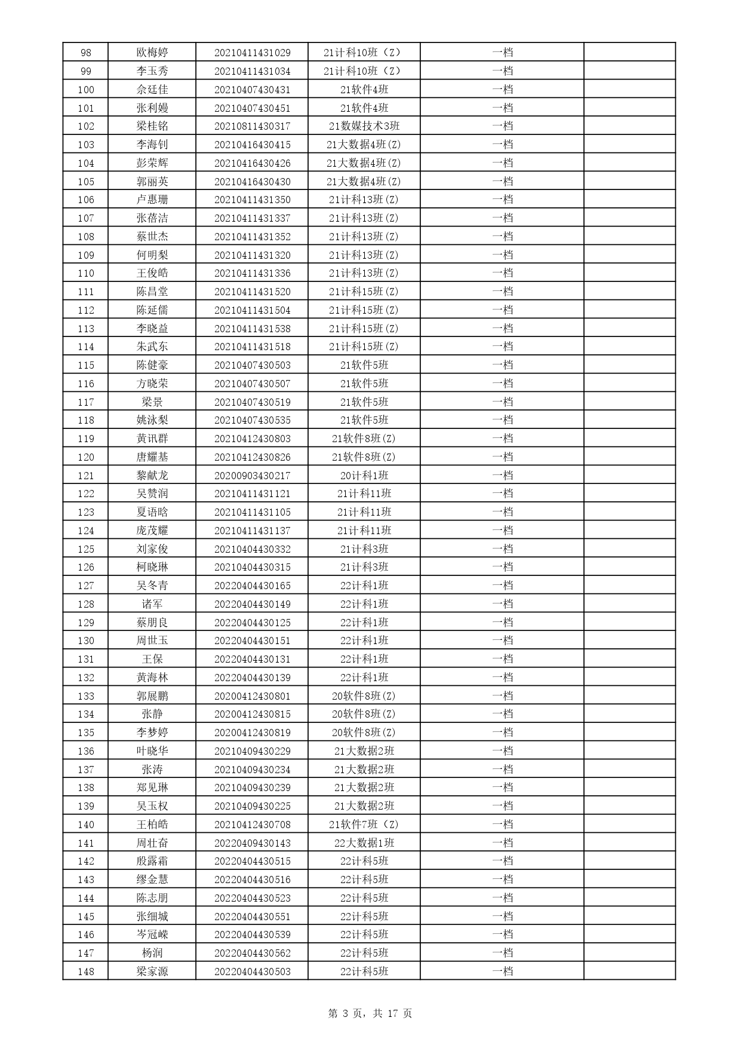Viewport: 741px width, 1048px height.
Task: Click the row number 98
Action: point(85,53)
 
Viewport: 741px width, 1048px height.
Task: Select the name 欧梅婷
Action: point(152,53)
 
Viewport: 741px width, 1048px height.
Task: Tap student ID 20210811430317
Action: point(252,126)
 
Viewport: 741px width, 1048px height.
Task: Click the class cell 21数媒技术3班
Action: point(364,126)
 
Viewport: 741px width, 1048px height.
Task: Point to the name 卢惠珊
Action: point(152,200)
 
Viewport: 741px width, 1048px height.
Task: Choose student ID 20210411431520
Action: point(252,292)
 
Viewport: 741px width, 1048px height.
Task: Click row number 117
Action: point(85,402)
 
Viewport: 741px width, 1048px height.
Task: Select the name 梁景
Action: point(152,402)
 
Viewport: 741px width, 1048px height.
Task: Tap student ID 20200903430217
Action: point(252,476)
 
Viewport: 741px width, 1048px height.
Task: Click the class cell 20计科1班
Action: point(364,476)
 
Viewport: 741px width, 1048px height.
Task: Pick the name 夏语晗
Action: point(152,512)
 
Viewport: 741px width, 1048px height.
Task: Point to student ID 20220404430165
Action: point(252,586)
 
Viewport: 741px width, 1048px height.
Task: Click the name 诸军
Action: point(152,604)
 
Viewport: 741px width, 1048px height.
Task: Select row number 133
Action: point(85,696)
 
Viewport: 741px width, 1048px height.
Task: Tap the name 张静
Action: point(152,714)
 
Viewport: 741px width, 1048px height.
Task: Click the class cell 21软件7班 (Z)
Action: point(364,825)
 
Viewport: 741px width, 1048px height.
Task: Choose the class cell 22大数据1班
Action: point(364,843)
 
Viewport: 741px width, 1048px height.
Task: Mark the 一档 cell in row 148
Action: point(502,972)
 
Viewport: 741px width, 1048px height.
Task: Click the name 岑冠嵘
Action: point(152,934)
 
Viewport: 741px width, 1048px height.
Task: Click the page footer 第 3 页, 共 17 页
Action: point(370,1013)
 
